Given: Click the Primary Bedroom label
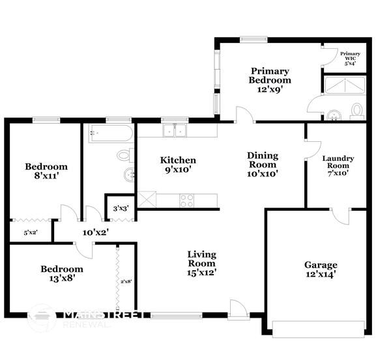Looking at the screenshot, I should coord(270,76).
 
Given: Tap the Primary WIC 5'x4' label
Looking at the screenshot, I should coord(350,58).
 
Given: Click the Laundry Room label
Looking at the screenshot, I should coord(338,165).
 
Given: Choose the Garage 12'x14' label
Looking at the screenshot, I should coord(321,270).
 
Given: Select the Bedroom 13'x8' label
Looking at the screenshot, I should coord(62,273).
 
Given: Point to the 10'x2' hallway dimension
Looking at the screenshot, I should coord(95,232).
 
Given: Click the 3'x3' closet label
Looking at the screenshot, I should coord(121,208).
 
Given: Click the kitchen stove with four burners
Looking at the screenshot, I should coord(186,200).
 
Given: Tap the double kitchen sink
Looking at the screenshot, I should coord(175,130).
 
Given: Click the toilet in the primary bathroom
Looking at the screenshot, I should coord(357,110).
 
